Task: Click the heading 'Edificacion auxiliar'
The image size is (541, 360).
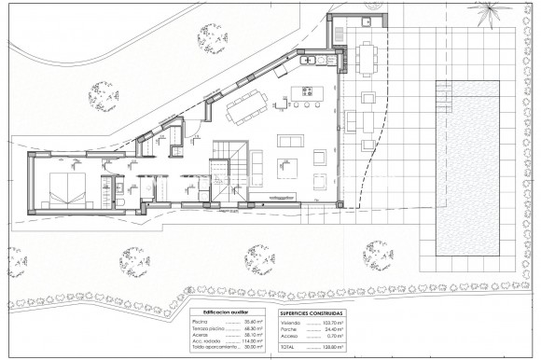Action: tap(223, 312)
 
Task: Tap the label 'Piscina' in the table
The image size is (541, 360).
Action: tap(198, 322)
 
